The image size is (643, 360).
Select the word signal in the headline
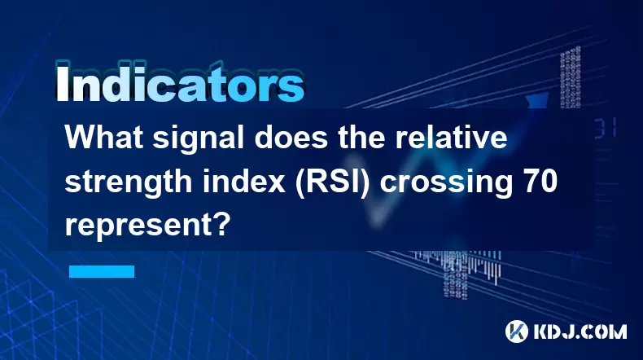point(199,139)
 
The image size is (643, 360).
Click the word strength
point(129,182)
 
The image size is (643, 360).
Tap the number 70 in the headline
point(540,181)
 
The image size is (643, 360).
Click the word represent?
point(146,226)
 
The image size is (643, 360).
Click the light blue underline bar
point(102,271)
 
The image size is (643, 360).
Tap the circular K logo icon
point(517,331)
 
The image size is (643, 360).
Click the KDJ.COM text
point(580,331)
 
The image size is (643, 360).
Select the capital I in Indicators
point(62,83)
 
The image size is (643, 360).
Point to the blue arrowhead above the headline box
point(538,100)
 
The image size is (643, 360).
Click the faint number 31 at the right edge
point(606,128)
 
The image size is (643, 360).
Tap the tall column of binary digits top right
point(571,77)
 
